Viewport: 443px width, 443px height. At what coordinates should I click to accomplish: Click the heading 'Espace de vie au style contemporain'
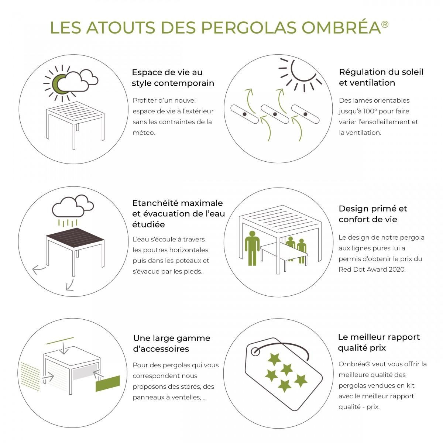(x=173, y=78)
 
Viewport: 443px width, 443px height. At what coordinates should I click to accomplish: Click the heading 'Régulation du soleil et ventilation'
(x=381, y=77)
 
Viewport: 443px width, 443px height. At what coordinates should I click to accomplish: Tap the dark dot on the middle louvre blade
(x=275, y=114)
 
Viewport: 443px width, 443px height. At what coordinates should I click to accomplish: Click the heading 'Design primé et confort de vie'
(x=373, y=214)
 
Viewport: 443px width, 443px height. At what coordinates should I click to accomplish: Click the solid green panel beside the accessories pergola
(x=108, y=384)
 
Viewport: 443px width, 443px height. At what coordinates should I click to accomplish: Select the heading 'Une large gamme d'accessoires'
(x=172, y=343)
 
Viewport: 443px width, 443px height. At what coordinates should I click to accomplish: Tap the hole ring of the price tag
(x=255, y=351)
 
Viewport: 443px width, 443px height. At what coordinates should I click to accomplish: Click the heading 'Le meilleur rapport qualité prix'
(x=379, y=342)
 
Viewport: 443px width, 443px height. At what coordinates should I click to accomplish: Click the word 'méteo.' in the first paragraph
(x=144, y=133)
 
